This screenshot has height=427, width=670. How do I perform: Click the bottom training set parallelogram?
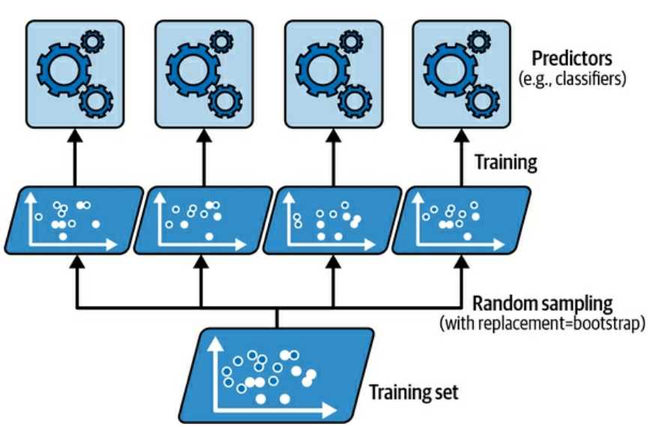point(277,375)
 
